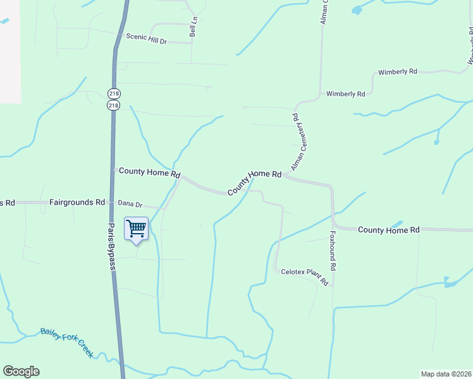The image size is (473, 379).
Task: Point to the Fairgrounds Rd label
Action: [77, 203]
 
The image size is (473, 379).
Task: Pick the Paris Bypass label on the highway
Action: [111, 247]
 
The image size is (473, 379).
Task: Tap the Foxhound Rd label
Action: [332, 251]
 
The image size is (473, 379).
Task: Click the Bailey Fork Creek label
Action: [66, 342]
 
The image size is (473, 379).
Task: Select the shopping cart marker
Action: [137, 230]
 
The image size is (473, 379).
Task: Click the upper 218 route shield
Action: [114, 93]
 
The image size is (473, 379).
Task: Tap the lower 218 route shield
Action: [114, 105]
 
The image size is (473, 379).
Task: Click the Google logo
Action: [21, 371]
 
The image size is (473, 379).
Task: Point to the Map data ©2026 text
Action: [446, 374]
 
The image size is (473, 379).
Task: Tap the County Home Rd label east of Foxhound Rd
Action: [388, 230]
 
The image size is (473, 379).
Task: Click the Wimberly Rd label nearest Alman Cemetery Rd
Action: [346, 94]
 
